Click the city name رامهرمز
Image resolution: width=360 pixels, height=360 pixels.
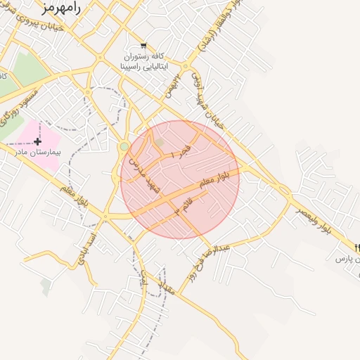(63, 8)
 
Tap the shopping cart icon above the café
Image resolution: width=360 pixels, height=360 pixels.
(144, 46)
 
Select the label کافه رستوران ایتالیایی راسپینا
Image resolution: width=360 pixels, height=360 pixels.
(144, 61)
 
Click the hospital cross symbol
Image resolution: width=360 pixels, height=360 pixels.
(37, 141)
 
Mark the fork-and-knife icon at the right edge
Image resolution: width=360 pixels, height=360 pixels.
(358, 247)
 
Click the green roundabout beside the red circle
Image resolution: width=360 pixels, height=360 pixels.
(124, 146)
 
